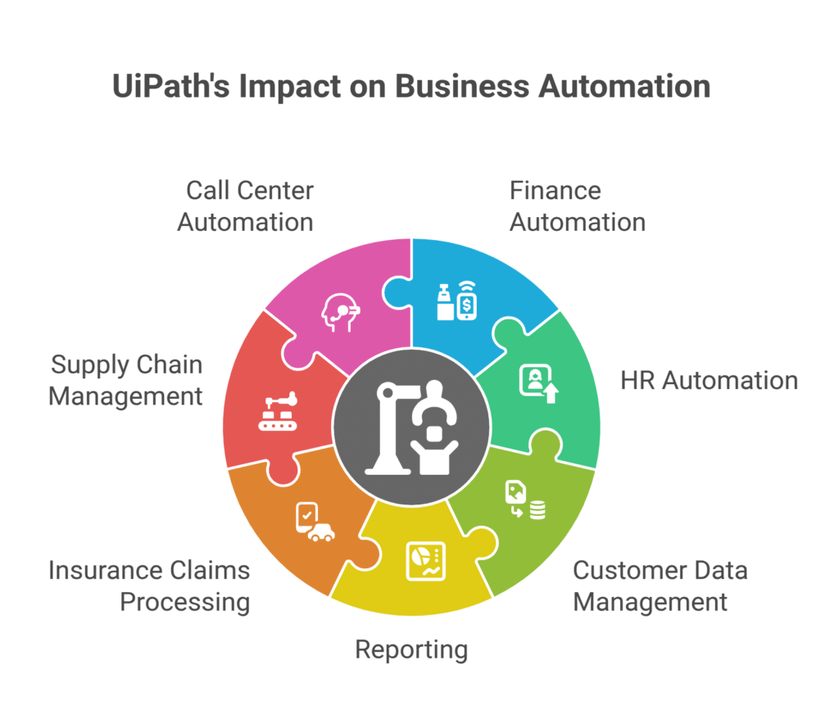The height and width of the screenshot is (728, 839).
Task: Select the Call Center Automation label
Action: [x=246, y=206]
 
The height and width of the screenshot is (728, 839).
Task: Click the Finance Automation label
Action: [x=577, y=206]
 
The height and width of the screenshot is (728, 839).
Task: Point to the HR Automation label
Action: [x=709, y=380]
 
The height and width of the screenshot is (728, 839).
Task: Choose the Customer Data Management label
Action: [x=660, y=586]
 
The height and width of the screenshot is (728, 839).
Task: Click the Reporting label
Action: [x=411, y=649]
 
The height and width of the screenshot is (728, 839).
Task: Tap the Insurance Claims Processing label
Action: [x=149, y=586]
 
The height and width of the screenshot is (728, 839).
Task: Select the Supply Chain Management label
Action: [x=125, y=380]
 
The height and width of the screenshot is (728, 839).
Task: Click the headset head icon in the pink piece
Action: [x=341, y=312]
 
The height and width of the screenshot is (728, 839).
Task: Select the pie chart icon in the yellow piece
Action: [x=424, y=561]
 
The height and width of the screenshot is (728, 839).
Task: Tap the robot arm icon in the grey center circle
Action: [x=411, y=427]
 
